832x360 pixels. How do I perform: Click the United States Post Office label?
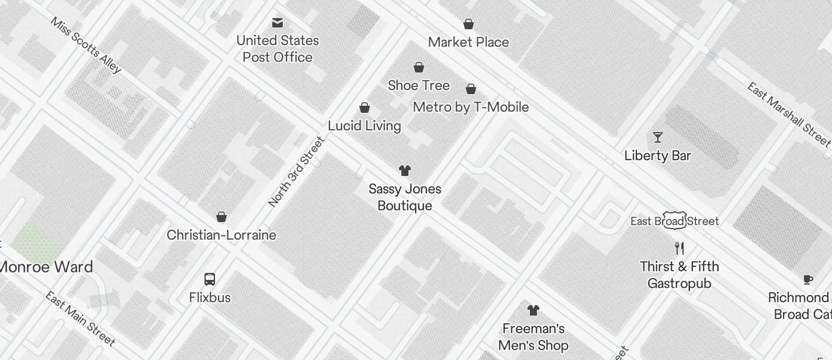278,49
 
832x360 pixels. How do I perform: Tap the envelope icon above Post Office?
278,23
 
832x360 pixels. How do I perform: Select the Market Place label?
468,42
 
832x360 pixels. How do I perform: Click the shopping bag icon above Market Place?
468,24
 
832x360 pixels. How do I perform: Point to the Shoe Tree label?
418,85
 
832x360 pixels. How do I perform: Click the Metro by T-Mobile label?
470,107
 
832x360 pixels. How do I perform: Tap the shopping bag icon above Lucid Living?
365,108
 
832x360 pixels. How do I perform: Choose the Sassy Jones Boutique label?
404,198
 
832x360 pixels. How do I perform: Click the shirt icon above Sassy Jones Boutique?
404,171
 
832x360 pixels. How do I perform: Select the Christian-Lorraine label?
221,235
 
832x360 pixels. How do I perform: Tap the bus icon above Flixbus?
210,279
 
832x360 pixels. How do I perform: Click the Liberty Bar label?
657,155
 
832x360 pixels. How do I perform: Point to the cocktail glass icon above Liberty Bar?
658,137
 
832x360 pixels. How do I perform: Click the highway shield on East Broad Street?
674,220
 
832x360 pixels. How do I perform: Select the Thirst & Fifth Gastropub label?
679,275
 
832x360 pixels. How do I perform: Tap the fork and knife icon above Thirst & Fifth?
679,248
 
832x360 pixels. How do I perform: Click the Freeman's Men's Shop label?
533,337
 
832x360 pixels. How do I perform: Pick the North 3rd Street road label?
296,172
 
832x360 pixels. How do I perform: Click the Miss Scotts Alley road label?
86,45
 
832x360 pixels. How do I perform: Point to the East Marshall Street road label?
788,114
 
